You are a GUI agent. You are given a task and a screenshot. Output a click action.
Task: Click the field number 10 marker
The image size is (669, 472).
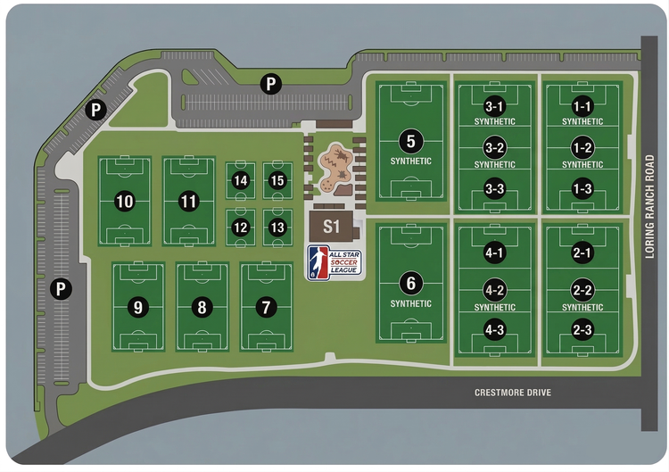(125, 202)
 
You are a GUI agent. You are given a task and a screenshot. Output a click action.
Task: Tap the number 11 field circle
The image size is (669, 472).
(188, 202)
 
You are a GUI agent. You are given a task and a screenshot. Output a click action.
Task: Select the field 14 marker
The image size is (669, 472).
(240, 180)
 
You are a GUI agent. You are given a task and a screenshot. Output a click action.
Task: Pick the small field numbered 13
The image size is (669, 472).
(277, 228)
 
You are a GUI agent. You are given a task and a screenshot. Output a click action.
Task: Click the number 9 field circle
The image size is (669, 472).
(137, 307)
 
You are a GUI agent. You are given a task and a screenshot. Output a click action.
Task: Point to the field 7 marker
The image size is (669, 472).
(265, 307)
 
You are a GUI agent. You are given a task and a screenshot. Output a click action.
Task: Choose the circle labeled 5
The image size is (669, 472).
(410, 141)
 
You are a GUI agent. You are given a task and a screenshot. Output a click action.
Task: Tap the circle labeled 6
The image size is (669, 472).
(410, 285)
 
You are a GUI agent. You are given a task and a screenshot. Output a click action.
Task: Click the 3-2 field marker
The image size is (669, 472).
(495, 147)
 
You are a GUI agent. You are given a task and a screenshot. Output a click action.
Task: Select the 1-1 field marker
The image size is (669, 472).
(582, 104)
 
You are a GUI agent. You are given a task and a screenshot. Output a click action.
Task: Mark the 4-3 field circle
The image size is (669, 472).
(495, 330)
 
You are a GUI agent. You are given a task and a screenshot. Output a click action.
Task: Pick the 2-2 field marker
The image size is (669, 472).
(582, 290)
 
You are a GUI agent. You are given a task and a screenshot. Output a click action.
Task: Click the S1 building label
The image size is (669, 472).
(332, 227)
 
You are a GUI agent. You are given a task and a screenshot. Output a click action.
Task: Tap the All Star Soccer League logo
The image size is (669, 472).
(334, 263)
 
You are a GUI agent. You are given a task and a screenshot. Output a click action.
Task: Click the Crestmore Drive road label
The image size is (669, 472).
(512, 393)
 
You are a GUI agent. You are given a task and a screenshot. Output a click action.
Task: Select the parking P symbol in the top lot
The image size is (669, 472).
(268, 85)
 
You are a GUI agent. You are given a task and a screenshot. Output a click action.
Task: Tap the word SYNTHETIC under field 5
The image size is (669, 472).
(410, 161)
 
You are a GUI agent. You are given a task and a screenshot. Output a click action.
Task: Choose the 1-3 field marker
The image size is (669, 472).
(582, 189)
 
